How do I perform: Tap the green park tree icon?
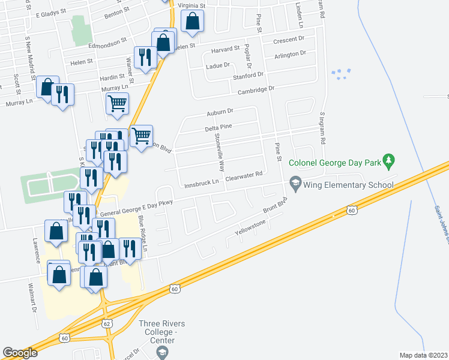pos(390,160)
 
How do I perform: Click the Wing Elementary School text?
pos(349,185)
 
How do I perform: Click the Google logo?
pos(20,353)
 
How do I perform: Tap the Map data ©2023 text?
pos(424,355)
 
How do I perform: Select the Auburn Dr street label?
pos(220,112)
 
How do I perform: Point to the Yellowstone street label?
pos(250,227)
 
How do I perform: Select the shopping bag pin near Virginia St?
pos(192,22)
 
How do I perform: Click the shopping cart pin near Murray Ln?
pos(117,103)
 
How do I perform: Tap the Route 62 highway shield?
pos(106,323)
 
